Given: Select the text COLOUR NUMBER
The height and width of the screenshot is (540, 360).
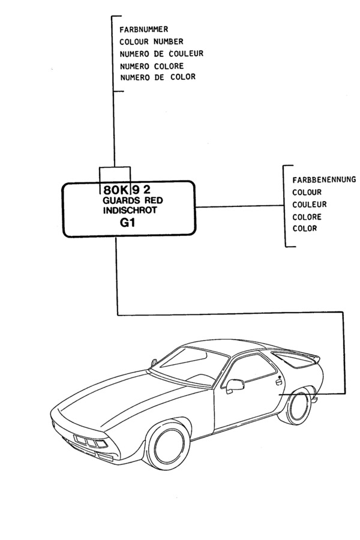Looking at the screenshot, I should click(151, 41).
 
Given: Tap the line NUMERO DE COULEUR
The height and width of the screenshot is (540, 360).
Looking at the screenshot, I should click(161, 53).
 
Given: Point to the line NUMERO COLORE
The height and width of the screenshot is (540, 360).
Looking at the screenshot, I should click(151, 65).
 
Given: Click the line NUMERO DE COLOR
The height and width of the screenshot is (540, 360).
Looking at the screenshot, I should click(157, 77).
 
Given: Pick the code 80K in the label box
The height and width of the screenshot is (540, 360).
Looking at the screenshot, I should click(116, 188).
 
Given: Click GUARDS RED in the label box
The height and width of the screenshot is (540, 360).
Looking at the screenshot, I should click(133, 200).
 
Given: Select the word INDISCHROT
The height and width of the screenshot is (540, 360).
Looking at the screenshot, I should click(130, 211).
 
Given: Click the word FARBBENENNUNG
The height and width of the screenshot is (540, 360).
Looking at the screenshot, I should click(324, 179).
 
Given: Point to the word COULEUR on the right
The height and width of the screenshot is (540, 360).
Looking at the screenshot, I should click(309, 204).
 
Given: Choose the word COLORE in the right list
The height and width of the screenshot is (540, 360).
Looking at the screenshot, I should click(307, 217).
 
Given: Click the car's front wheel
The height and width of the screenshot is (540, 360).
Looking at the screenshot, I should click(169, 445).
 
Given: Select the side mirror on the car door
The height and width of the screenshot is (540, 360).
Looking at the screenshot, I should click(235, 385).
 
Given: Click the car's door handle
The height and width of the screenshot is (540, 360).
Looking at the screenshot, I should click(278, 380).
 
